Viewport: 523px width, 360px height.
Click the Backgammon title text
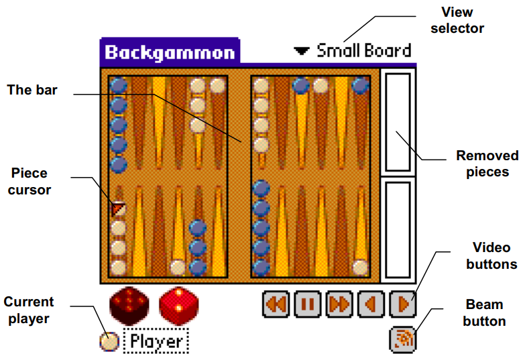tap(170, 52)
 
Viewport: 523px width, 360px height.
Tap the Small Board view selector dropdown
tap(353, 50)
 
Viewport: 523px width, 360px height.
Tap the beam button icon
tap(402, 338)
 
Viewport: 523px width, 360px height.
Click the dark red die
tap(129, 306)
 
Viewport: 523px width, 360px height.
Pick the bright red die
tap(178, 306)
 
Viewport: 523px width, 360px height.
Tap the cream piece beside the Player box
tap(109, 342)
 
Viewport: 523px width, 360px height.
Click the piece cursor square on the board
tap(119, 209)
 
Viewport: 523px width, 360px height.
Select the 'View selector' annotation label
tap(458, 20)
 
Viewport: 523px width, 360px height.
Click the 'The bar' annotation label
tap(32, 90)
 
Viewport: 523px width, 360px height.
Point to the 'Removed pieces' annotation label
tap(487, 164)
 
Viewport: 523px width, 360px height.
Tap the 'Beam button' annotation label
tap(484, 313)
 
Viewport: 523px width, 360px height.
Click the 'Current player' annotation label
tap(29, 310)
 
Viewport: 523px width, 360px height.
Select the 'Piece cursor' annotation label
tap(30, 181)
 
